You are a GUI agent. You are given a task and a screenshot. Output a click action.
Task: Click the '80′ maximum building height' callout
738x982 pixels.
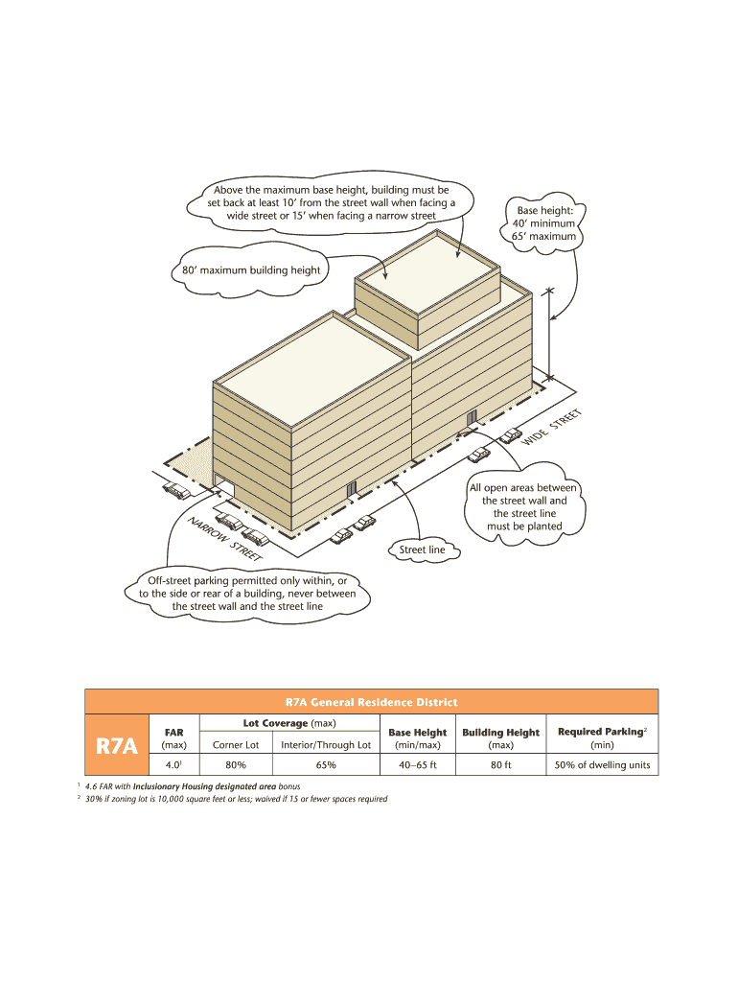point(251,270)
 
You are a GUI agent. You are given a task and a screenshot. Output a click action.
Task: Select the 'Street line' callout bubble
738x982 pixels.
point(423,549)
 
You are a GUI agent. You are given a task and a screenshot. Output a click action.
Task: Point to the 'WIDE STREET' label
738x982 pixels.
point(552,427)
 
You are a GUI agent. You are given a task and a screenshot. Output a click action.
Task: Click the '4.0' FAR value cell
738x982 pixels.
point(173,765)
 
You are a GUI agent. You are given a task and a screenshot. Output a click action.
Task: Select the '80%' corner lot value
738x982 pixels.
point(235,765)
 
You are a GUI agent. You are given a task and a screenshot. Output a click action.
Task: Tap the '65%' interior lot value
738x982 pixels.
point(325,765)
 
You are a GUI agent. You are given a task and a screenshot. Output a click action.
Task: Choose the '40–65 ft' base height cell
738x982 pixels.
point(417,765)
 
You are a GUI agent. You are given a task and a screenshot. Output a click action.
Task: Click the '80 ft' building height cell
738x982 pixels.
point(500,765)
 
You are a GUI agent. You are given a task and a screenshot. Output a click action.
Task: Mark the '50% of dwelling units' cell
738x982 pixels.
point(602,765)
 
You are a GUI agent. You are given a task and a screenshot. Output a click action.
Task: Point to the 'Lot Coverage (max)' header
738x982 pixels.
point(288,723)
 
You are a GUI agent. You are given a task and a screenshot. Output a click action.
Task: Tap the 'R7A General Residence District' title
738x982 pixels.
point(371,702)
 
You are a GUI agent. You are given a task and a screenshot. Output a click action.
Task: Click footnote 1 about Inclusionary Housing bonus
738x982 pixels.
point(192,786)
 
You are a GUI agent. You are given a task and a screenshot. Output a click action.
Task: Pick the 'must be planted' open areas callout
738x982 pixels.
point(523,506)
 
